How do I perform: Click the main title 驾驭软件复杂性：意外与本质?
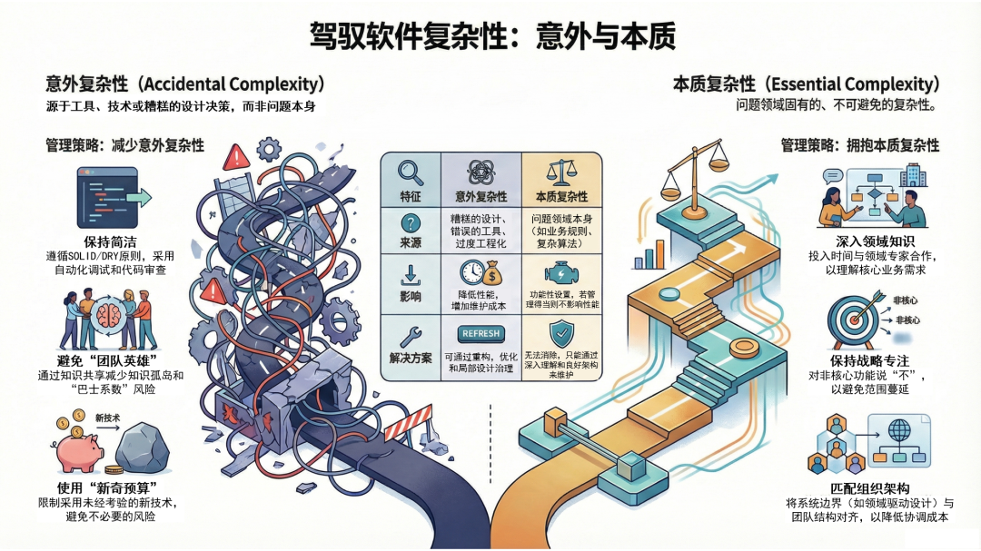[x=491, y=36]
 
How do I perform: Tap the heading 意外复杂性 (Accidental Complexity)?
[x=185, y=84]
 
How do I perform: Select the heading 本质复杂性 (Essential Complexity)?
[x=803, y=84]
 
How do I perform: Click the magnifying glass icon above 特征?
[x=411, y=172]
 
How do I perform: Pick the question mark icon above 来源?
[x=411, y=223]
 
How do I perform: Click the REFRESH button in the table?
[x=481, y=333]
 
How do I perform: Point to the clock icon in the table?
[x=471, y=272]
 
